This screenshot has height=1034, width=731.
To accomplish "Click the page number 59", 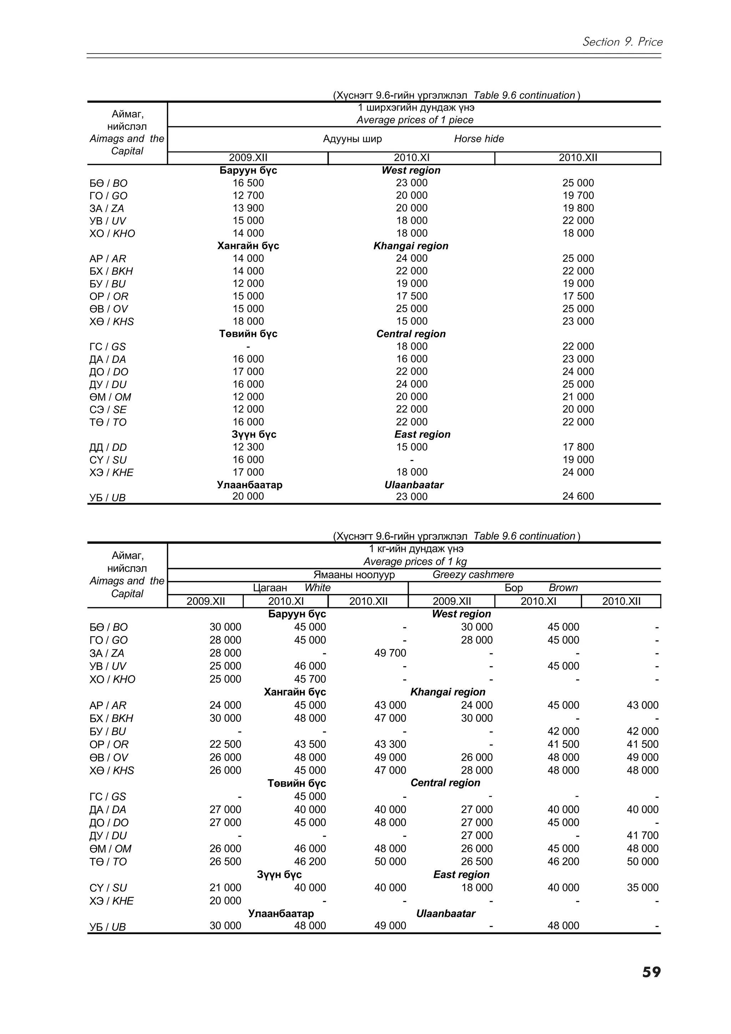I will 651,972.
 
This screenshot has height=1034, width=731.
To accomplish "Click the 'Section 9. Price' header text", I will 622,42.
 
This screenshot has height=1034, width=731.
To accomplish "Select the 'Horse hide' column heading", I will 479,139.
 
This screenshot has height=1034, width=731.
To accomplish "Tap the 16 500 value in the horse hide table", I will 248,183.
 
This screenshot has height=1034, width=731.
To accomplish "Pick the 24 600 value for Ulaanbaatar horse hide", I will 578,496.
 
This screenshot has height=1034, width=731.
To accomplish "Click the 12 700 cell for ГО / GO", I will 248,196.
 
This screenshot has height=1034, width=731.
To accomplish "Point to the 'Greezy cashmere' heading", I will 473,575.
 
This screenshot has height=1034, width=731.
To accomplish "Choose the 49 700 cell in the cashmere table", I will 390,653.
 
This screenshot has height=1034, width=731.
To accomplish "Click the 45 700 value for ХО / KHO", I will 310,679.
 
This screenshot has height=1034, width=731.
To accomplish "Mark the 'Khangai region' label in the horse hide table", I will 411,246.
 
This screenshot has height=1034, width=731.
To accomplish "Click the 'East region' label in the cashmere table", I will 461,875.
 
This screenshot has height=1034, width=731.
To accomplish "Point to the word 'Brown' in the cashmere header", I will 563,588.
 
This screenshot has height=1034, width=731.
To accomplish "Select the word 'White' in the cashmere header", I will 318,588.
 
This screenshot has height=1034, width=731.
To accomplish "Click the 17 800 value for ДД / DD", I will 578,447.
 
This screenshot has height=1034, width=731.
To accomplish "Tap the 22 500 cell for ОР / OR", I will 225,744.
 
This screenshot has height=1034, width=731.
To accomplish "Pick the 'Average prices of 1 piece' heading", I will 415,120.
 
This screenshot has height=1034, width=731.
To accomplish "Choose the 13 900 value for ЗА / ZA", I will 248,208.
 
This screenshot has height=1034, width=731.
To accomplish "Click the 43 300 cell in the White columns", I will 390,744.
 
